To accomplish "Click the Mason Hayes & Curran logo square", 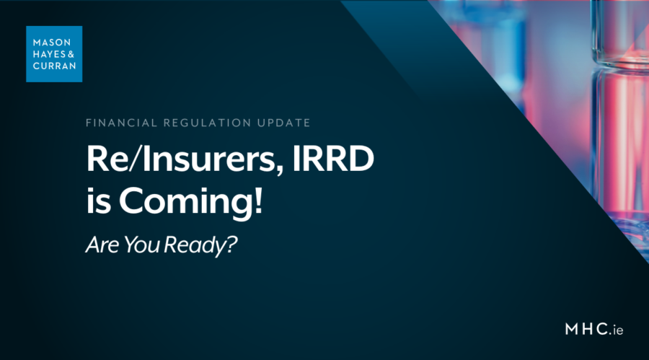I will [53, 53].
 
